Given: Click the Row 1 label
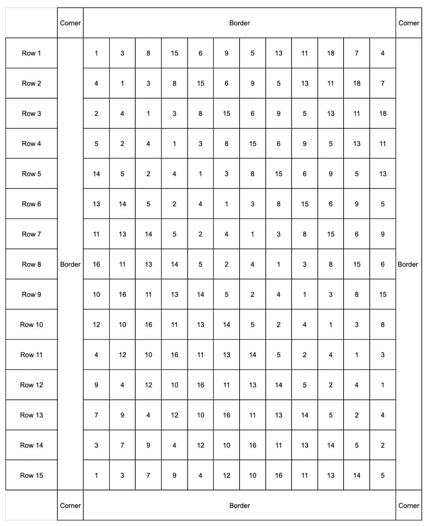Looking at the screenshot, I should tap(31, 53).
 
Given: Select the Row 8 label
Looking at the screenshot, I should tap(31, 264).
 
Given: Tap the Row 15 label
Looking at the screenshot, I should tap(31, 475).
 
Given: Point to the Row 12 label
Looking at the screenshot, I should tap(31, 385).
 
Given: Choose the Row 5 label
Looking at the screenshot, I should tap(31, 174).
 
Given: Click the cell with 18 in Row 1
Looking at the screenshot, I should tap(331, 53).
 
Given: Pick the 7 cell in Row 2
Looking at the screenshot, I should tap(382, 83).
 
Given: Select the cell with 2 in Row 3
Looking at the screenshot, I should tap(96, 114).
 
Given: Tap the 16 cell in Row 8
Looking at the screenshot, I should tap(96, 264).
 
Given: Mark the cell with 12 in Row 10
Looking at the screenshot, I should tap(96, 325).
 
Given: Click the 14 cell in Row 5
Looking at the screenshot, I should tap(96, 174).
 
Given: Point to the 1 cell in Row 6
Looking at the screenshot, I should tap(226, 204).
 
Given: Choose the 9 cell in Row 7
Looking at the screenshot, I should tap(382, 234).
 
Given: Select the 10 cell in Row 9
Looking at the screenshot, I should tap(96, 294).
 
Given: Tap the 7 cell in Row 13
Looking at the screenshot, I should tap(96, 415).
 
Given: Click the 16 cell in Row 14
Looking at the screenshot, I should tap(252, 445).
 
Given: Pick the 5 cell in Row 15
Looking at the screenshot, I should tap(382, 475).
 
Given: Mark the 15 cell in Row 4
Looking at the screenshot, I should tap(252, 144).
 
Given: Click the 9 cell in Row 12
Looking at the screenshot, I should tap(96, 385).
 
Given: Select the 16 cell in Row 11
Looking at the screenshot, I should tap(174, 355).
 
